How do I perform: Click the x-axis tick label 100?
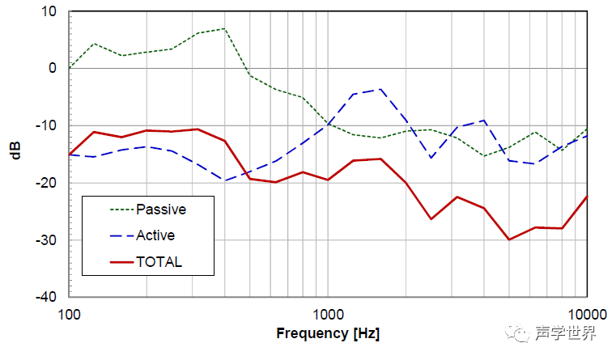click(70, 313)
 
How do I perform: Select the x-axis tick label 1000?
click(327, 313)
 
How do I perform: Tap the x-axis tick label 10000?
click(584, 313)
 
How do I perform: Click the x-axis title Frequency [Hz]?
click(327, 333)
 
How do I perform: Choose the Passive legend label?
click(160, 210)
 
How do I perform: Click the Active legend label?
click(155, 236)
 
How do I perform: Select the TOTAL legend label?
click(159, 262)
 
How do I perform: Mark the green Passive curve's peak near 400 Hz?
click(224, 29)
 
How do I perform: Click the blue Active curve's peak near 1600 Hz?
click(380, 89)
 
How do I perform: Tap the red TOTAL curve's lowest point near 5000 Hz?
click(508, 239)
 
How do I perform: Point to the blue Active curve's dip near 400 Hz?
click(224, 180)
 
